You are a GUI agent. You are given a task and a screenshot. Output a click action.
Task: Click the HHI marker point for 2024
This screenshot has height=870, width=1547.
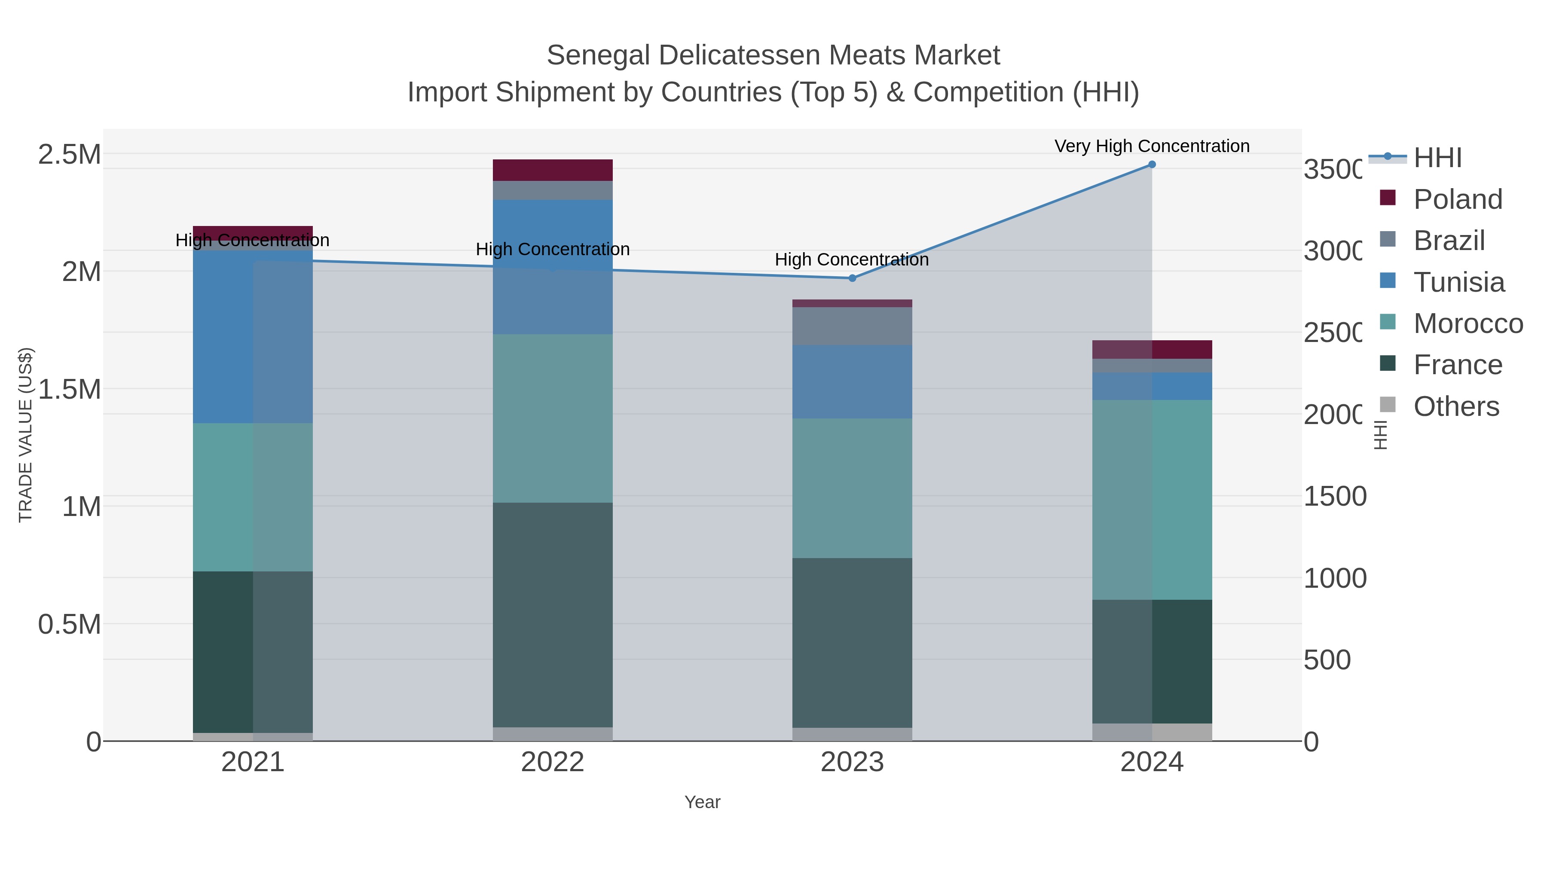1151,165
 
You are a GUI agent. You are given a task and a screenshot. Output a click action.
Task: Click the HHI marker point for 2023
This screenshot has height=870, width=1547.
852,278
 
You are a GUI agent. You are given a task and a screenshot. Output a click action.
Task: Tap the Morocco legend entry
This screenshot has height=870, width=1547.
1468,324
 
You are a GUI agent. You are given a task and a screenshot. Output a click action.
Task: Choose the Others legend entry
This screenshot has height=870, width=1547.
1456,406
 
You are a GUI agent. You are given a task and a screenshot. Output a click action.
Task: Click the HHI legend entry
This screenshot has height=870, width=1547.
1437,158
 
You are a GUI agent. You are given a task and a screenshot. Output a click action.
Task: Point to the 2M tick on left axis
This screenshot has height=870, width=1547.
81,272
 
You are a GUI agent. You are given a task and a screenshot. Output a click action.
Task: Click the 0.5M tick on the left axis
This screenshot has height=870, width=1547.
70,624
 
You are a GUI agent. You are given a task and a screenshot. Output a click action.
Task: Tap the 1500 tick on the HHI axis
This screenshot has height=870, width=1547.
1334,497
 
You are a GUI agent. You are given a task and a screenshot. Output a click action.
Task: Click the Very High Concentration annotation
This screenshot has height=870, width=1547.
1151,146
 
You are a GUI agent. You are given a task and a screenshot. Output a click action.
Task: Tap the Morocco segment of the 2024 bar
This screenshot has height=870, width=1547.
1151,500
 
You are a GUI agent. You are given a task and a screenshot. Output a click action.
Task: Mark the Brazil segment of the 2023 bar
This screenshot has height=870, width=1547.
852,326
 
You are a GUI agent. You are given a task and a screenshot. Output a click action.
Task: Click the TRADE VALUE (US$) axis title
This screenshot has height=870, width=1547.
25,435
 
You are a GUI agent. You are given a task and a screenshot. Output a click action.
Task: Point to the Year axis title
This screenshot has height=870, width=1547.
702,802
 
